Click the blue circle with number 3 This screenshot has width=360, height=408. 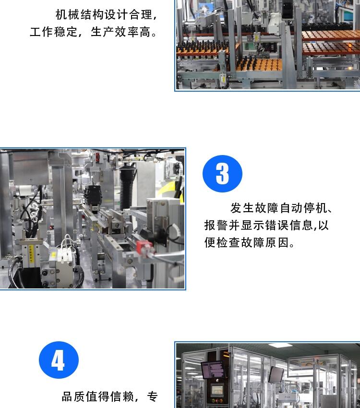pos(222,174)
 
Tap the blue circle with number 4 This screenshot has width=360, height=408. pos(59,360)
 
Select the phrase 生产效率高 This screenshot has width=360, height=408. pos(120,32)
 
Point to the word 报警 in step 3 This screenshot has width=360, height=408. pos(216,225)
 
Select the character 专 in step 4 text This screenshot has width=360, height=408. pos(153,396)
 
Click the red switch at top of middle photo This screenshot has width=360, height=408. pos(98,156)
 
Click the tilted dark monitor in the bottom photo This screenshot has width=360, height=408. pos(276,374)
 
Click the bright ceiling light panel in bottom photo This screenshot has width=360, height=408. pos(280,345)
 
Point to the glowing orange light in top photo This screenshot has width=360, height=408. pos(349,46)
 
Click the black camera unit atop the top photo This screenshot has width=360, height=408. pos(288,10)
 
